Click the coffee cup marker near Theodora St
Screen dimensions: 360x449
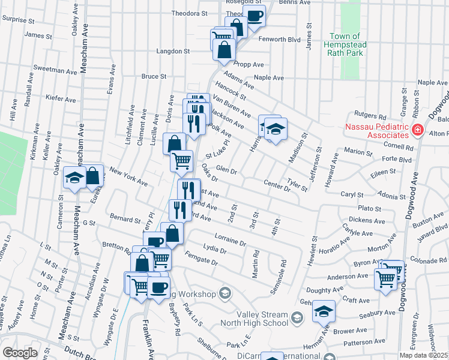pos(255,15)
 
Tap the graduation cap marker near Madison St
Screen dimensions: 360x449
pos(276,129)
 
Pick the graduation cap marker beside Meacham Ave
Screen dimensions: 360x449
pos(75,178)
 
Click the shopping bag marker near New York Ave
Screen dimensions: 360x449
pos(93,175)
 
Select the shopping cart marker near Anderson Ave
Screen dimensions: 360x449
pos(385,278)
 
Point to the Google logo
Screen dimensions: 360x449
pos(20,353)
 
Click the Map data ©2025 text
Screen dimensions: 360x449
pos(423,355)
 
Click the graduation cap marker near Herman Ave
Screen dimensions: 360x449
pos(324,310)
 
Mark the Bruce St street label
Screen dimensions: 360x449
pos(154,76)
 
